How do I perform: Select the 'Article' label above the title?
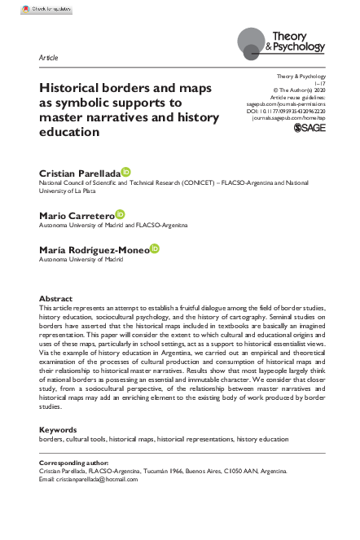point(47,59)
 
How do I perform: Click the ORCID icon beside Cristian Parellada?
point(125,173)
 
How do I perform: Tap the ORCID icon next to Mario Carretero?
point(121,213)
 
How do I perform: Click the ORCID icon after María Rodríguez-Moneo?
point(155,248)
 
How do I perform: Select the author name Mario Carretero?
point(77,215)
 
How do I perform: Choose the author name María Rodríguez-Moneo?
point(94,249)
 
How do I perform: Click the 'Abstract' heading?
point(55,299)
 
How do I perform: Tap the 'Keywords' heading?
point(58,429)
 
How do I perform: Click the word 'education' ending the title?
point(68,131)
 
